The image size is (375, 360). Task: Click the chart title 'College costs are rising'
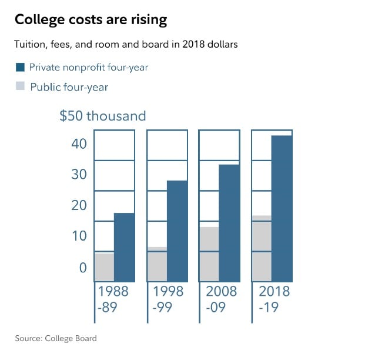91,20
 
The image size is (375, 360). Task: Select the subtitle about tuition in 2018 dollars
126,45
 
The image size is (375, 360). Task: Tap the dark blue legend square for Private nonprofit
19,67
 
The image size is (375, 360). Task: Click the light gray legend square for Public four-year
19,86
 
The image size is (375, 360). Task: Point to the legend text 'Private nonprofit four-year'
89,67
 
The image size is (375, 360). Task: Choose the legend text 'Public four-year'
69,87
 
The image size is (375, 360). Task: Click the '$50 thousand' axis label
102,116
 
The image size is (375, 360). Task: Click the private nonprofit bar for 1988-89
124,247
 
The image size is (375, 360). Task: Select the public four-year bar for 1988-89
104,267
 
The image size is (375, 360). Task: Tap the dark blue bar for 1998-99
177,231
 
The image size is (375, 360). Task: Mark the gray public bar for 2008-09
209,254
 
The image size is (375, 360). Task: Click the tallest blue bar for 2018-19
282,208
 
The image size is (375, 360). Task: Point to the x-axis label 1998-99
168,299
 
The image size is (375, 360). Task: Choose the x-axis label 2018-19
274,299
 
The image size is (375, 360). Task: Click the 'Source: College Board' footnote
56,338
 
